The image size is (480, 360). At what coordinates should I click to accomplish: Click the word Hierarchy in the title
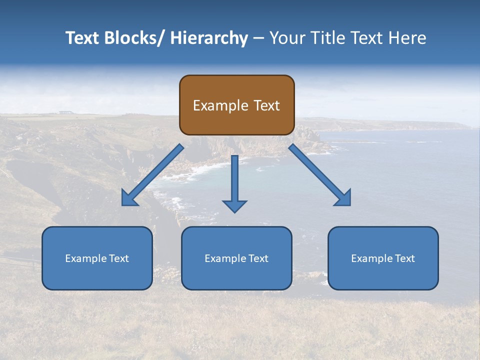209,38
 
